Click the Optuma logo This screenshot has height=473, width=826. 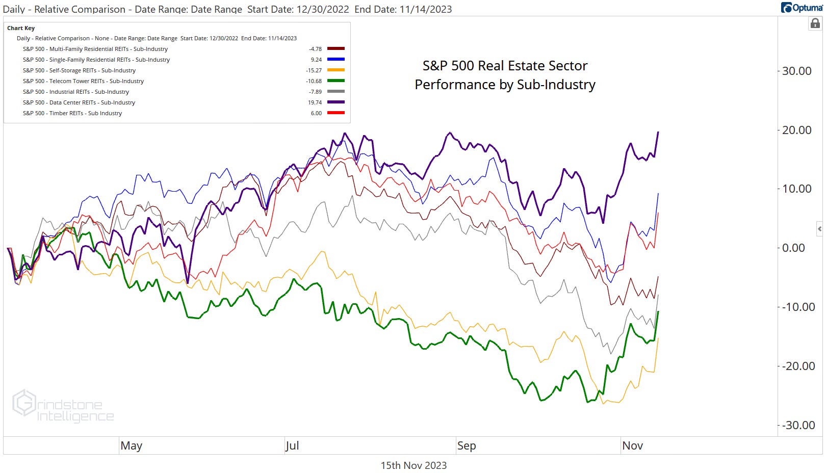[x=802, y=7]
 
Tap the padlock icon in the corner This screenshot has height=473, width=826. [x=815, y=23]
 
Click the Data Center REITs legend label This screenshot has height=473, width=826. [x=79, y=102]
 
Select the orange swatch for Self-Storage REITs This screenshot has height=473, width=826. [x=336, y=70]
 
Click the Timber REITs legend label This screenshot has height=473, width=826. [x=72, y=113]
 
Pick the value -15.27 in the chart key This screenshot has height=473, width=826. [x=314, y=70]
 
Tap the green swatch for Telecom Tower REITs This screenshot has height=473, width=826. [x=336, y=81]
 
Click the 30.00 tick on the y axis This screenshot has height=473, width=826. [x=796, y=71]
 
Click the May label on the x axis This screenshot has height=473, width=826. [x=131, y=445]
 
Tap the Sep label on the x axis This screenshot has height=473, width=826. [x=466, y=445]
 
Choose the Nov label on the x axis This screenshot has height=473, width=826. [x=632, y=445]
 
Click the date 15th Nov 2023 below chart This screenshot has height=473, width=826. [x=414, y=465]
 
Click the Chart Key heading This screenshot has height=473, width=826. [x=21, y=28]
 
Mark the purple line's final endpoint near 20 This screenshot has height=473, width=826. [x=658, y=132]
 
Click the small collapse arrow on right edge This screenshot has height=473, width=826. [x=819, y=229]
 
